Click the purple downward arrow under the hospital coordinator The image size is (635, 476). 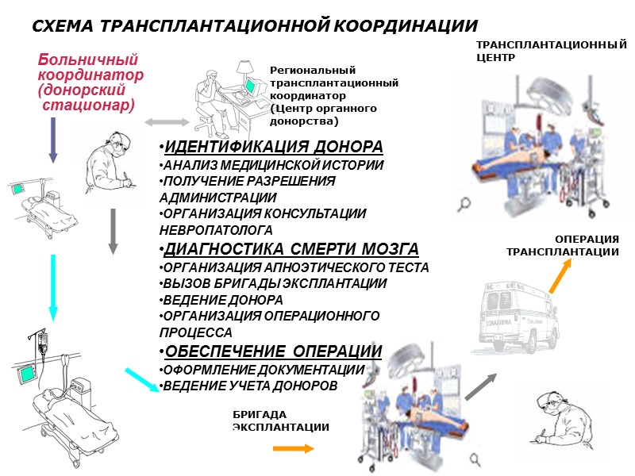(52, 140)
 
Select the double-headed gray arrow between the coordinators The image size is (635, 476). (166, 122)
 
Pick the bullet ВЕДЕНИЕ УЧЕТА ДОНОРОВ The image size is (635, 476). (249, 386)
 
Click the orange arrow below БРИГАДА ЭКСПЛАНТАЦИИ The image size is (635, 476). (293, 449)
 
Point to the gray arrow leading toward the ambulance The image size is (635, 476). (479, 386)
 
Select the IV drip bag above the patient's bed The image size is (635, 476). (42, 342)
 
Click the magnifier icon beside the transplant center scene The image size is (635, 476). (464, 205)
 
